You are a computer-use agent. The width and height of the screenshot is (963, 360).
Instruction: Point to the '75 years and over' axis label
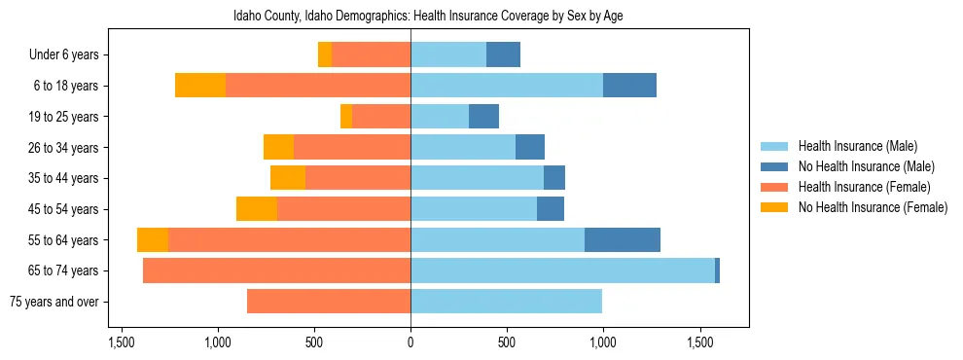54,302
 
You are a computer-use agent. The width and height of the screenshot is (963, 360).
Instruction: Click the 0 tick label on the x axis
410,343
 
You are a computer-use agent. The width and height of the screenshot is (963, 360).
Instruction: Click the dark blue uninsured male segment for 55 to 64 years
623,239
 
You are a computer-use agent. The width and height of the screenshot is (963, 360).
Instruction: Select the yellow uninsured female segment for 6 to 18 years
200,86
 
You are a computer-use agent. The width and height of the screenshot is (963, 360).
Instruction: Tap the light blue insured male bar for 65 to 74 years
562,270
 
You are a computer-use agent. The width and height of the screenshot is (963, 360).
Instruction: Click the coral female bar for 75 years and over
329,302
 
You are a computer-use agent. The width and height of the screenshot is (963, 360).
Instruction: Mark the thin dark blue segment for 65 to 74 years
717,270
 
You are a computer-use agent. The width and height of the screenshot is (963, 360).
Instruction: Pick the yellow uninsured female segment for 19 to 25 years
346,117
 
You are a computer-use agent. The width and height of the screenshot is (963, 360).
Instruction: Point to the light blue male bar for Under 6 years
448,55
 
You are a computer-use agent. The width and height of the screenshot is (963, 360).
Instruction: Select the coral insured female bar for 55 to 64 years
289,239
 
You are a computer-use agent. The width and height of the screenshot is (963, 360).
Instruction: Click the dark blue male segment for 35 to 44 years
554,178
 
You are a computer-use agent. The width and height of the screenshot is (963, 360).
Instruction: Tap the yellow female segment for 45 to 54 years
257,209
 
